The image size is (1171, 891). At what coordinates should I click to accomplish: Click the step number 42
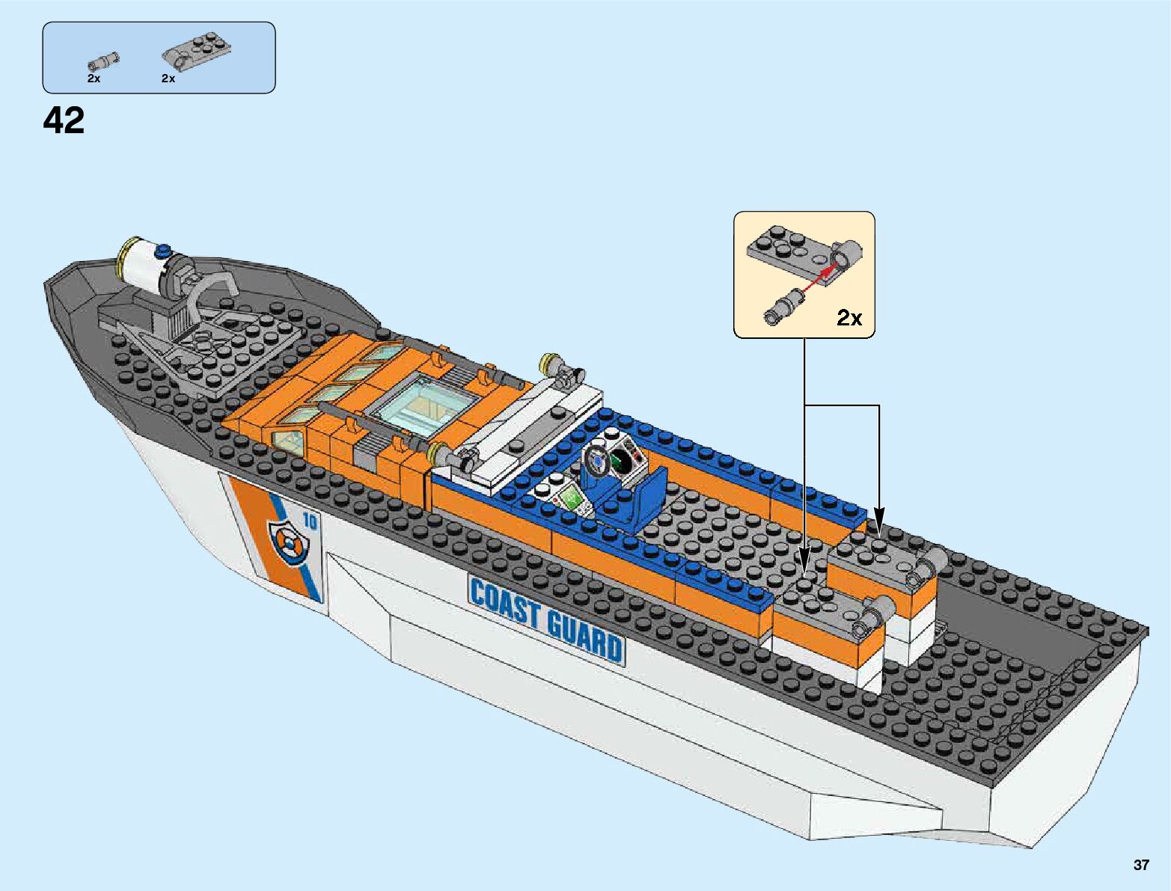tap(64, 120)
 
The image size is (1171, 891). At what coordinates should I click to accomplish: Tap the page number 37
tap(1140, 865)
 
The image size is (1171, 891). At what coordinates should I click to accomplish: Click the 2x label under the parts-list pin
tap(94, 78)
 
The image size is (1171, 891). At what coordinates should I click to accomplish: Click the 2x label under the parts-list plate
tap(168, 78)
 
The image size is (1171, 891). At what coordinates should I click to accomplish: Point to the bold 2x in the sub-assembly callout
tap(849, 318)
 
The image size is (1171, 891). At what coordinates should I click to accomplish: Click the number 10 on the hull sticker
tap(309, 522)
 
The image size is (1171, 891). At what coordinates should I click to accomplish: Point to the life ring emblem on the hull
tap(287, 540)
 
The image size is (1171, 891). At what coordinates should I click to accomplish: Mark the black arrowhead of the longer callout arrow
tap(804, 560)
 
